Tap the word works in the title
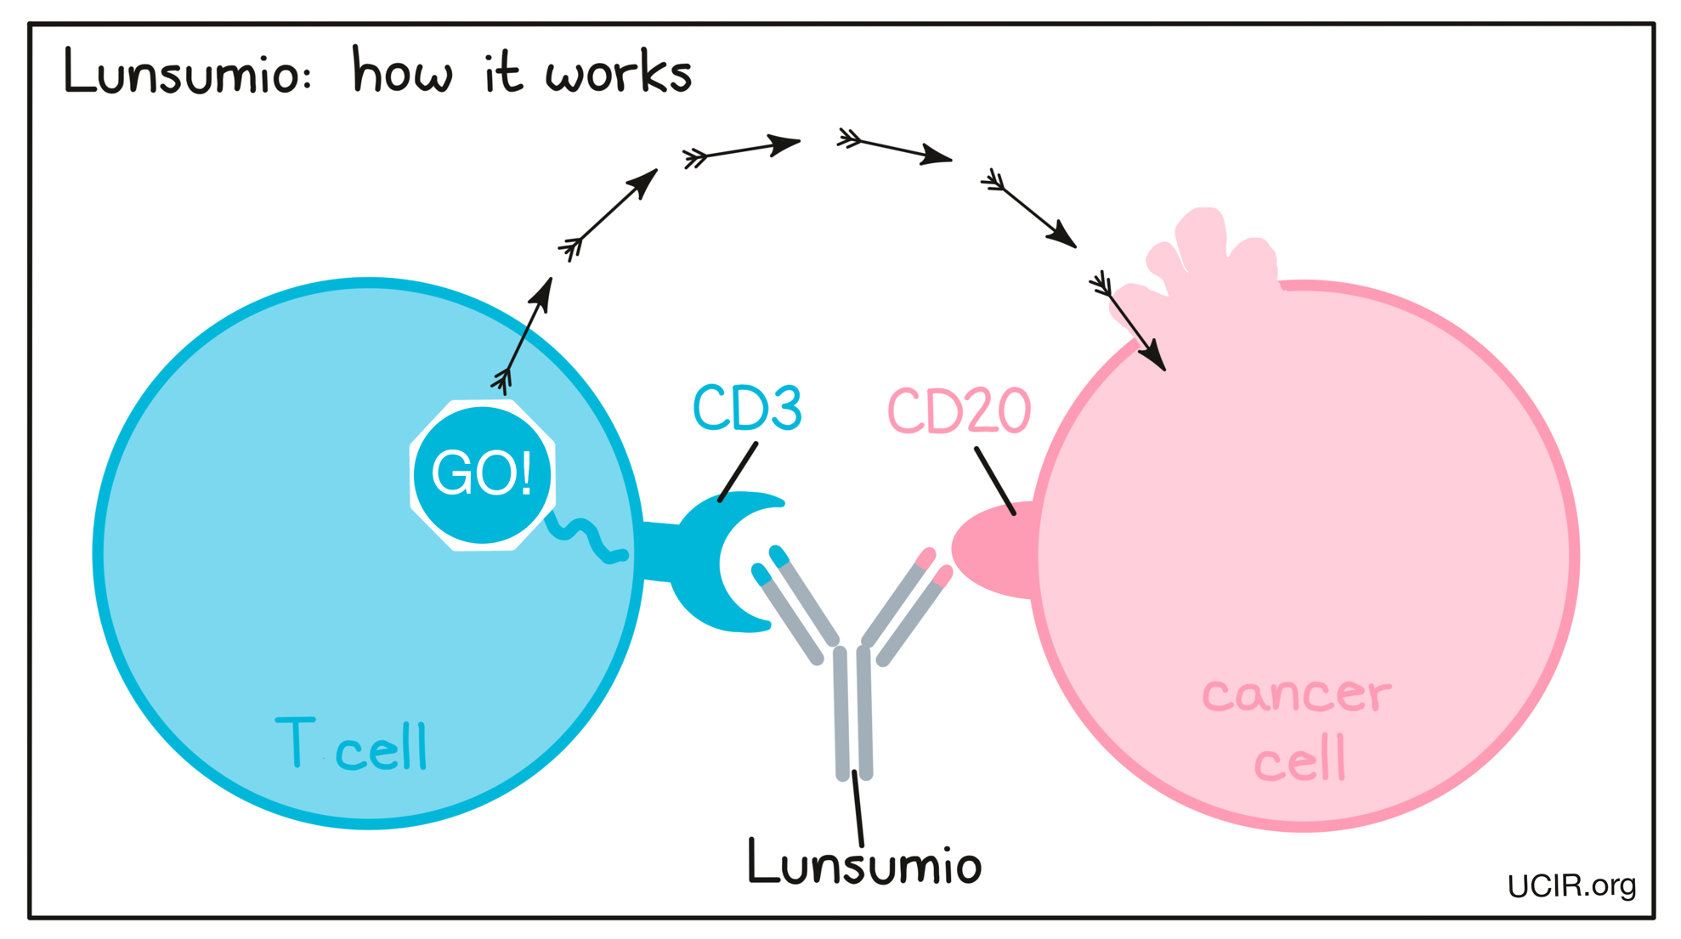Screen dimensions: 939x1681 619,72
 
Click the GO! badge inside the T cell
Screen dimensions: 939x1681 482,474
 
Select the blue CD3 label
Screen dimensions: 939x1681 747,409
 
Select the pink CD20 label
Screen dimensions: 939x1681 959,411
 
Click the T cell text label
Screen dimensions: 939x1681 352,745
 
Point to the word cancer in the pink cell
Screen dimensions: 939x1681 1296,694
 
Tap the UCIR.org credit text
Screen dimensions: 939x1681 1571,886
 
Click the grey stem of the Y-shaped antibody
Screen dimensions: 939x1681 853,714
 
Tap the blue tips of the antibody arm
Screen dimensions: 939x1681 770,565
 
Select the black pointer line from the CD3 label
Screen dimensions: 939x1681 738,472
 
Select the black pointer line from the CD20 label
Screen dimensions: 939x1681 995,481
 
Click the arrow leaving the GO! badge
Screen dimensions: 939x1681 525,337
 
